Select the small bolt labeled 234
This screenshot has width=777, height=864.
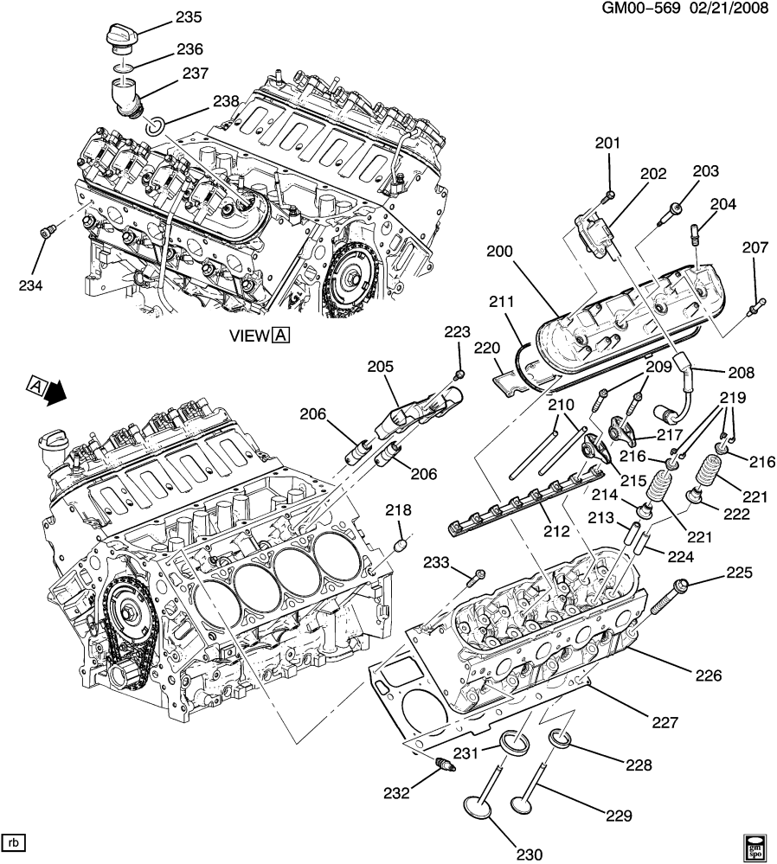tap(48, 231)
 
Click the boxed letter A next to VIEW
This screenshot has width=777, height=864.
tap(280, 336)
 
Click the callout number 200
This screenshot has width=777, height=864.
tap(499, 252)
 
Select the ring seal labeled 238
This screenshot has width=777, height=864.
tap(157, 126)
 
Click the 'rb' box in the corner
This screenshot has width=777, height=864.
tap(14, 842)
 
